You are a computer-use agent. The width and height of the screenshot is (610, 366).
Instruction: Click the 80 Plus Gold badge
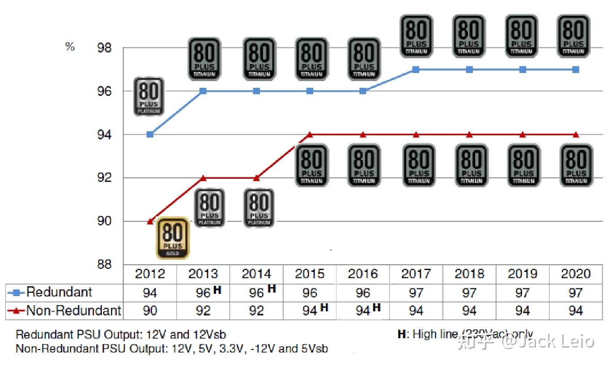(173, 237)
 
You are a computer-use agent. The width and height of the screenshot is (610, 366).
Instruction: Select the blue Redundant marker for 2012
(150, 134)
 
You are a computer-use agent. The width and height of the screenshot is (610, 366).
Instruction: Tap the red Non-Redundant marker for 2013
(203, 178)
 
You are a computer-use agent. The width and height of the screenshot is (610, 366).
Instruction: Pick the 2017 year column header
(416, 274)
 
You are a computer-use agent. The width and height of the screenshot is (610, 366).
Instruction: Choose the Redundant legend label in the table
(59, 292)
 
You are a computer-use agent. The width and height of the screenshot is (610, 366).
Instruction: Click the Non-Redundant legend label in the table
(74, 310)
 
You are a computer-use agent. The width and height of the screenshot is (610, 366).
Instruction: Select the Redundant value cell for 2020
(575, 293)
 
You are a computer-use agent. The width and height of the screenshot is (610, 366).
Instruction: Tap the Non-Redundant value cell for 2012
(150, 310)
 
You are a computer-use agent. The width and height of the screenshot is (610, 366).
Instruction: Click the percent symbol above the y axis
(70, 47)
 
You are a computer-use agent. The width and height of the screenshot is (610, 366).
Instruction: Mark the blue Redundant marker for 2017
(415, 69)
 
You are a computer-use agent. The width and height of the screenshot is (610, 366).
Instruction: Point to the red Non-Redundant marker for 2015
(310, 134)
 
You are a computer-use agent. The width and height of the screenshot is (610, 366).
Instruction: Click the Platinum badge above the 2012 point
(149, 96)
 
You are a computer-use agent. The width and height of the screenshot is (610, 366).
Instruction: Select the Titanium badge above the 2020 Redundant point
(573, 36)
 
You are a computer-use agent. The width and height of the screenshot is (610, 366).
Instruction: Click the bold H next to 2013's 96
(217, 290)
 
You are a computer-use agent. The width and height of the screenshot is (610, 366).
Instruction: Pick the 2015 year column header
(310, 274)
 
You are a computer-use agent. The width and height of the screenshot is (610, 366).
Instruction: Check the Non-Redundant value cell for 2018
(469, 310)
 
